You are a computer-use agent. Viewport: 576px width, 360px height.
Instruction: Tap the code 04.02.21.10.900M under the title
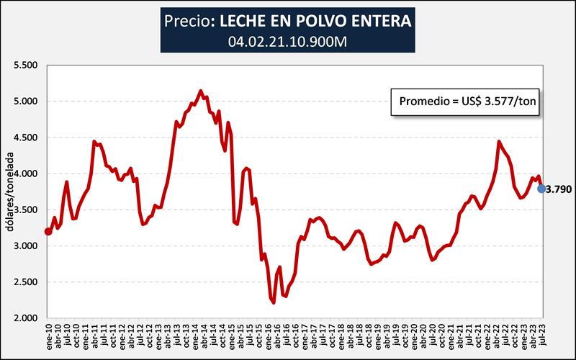tap(288, 42)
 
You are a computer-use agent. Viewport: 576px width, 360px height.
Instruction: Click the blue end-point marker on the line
tap(541, 189)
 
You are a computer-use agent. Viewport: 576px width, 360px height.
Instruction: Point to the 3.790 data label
tap(559, 189)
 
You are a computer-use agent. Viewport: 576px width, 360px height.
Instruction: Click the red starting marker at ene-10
tap(48, 231)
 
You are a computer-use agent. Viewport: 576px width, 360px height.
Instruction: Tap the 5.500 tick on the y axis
tap(25, 66)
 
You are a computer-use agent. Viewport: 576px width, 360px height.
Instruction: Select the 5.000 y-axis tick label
tap(25, 102)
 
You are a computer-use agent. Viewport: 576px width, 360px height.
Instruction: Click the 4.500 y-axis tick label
tap(25, 138)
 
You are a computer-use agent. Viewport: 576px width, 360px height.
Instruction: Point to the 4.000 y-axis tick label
tap(25, 174)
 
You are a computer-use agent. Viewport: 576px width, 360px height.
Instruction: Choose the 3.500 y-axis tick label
tap(25, 210)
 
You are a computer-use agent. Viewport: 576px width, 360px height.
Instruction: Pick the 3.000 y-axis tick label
tap(25, 246)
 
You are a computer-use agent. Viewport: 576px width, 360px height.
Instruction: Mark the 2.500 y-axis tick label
tap(25, 282)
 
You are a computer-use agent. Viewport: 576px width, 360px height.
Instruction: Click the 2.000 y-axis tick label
tap(25, 318)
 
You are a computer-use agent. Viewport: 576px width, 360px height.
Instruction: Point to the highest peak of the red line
tap(200, 91)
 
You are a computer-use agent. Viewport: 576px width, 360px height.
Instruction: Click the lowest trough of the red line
tap(274, 302)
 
